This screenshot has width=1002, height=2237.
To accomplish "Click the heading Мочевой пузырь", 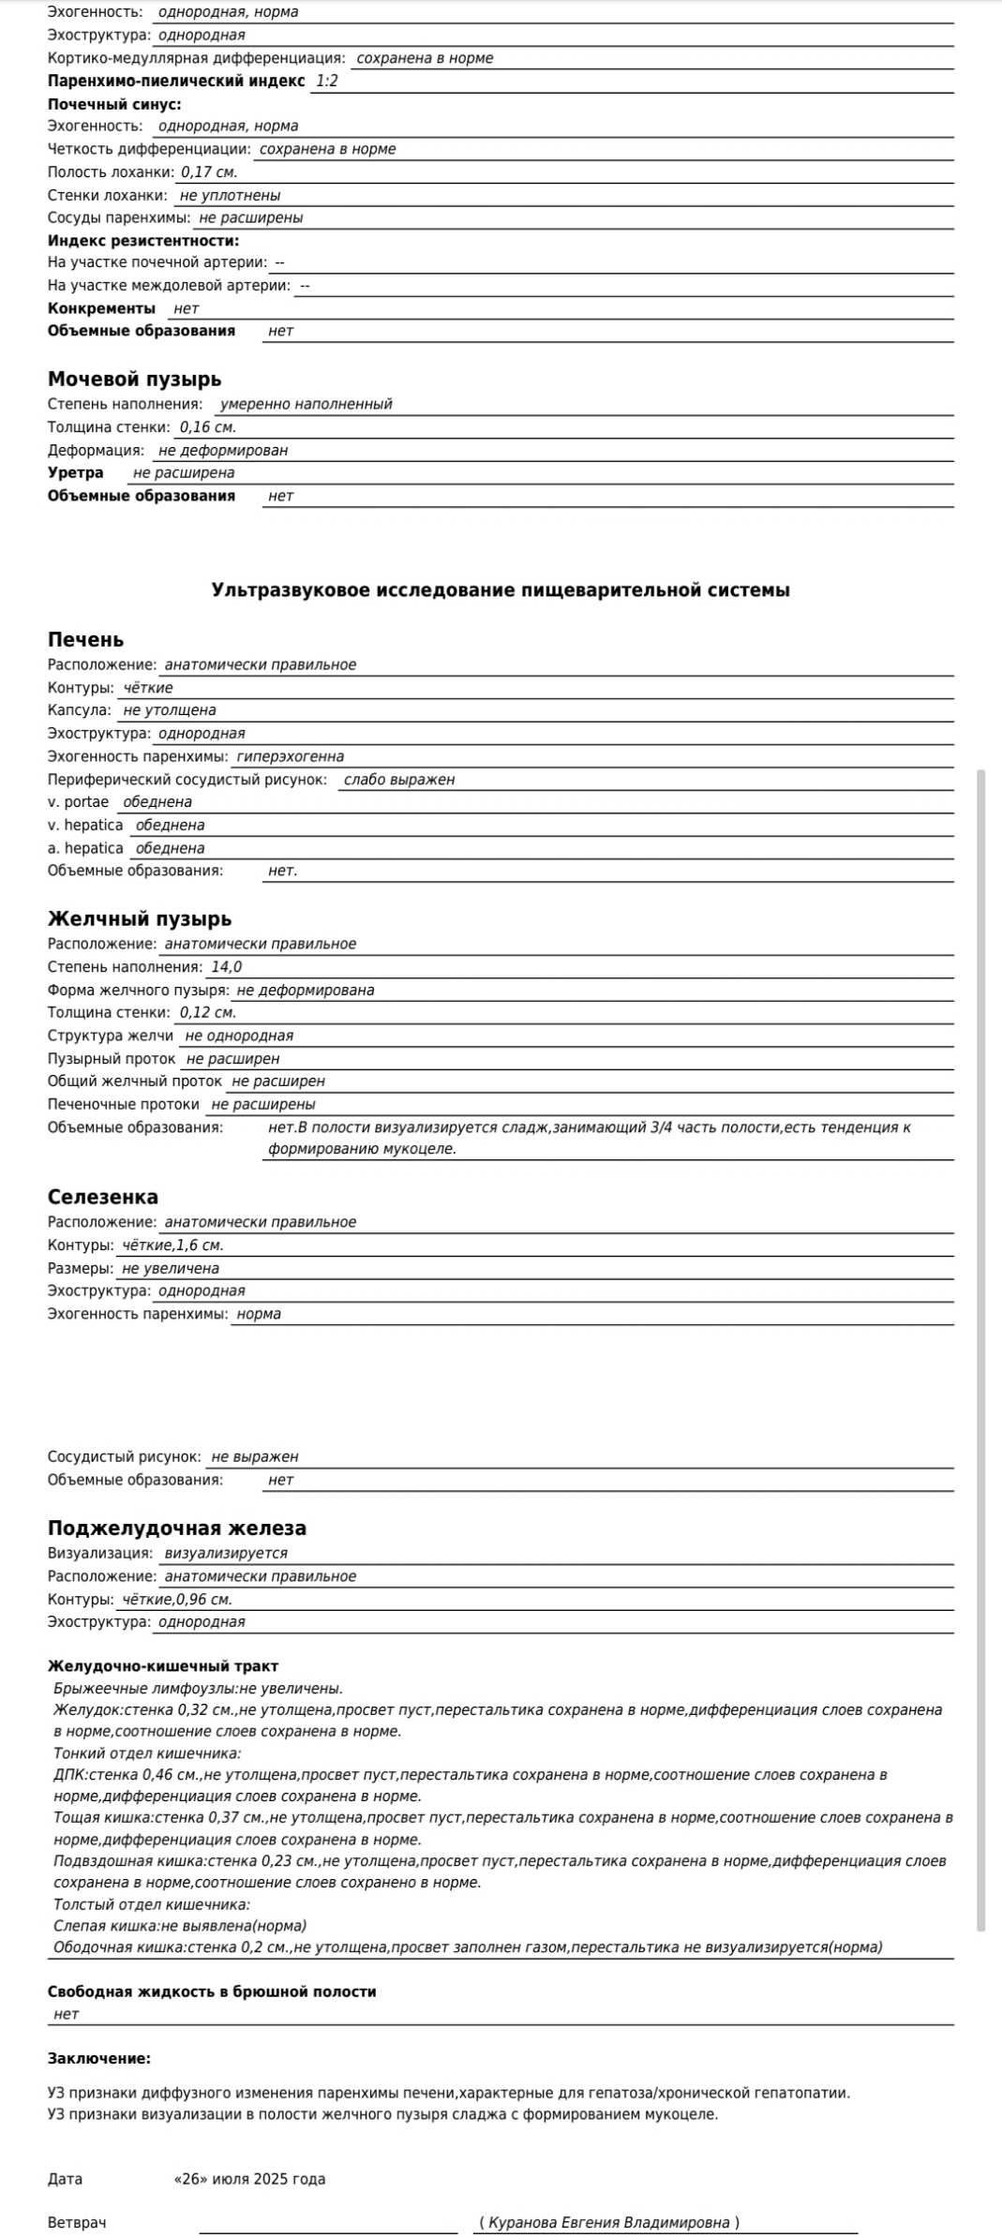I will (134, 379).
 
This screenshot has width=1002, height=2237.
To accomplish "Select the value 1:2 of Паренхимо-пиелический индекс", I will (326, 81).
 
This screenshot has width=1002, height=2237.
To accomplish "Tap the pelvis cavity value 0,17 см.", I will (208, 172).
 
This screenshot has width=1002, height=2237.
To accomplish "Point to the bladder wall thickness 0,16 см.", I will (207, 427).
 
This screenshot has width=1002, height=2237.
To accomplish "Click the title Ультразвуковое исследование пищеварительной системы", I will (501, 589).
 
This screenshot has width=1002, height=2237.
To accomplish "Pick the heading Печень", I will (85, 639).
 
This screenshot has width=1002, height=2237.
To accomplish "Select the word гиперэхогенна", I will (290, 756).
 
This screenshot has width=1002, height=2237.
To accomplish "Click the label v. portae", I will (78, 802).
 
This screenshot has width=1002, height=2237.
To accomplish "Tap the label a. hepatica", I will (85, 848).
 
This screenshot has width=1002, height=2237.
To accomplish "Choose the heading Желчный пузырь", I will (140, 918).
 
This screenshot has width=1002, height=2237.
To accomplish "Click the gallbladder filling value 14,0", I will (226, 967).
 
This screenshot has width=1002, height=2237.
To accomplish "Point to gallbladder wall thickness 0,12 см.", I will (207, 1012).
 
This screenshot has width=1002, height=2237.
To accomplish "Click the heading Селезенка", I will (103, 1197).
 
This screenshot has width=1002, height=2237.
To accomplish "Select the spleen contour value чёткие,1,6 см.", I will (172, 1245).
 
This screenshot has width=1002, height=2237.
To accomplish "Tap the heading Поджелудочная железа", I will (177, 1528).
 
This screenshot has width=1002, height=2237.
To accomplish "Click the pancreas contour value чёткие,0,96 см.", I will (177, 1600).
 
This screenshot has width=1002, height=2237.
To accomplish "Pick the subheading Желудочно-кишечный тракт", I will (163, 1666).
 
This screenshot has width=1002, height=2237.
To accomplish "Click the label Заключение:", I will (99, 2059).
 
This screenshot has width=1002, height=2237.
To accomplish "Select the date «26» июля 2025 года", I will (249, 2179).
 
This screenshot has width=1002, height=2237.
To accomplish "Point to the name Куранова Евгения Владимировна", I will (609, 2222).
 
